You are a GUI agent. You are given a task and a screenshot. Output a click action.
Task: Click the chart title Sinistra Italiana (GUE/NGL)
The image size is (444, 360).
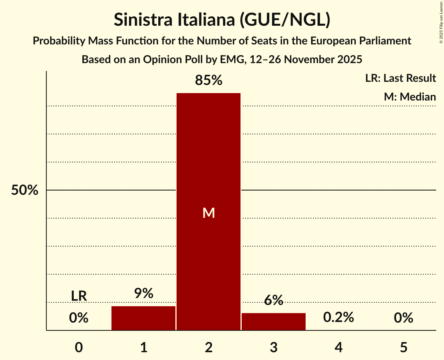(222, 20)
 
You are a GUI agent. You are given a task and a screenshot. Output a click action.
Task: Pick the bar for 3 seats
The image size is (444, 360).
(273, 321)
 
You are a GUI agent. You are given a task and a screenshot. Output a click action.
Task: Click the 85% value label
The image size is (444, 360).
(209, 81)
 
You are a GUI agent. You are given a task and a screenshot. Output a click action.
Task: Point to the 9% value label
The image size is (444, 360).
(143, 293)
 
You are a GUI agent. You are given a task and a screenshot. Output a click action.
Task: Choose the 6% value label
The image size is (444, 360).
(273, 300)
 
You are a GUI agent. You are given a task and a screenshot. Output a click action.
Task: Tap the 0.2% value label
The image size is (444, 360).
(338, 318)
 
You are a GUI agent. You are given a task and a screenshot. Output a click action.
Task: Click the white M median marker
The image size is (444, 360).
(209, 213)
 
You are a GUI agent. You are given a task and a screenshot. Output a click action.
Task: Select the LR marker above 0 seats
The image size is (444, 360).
(79, 296)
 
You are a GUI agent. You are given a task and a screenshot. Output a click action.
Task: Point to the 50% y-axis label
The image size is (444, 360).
(25, 191)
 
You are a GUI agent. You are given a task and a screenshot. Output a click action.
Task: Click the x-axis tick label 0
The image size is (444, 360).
(79, 348)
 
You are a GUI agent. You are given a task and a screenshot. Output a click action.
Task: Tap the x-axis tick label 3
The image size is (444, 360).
(273, 348)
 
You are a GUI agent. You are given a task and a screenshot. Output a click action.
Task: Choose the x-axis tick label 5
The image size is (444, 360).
(403, 348)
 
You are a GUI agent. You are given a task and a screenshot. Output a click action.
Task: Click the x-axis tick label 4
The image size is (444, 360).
(338, 348)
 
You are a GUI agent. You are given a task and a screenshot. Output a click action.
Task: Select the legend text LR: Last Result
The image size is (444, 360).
(400, 78)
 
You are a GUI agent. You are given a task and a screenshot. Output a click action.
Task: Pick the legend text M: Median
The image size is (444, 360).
(410, 97)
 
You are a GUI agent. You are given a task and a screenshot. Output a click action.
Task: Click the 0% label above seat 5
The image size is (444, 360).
(403, 318)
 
